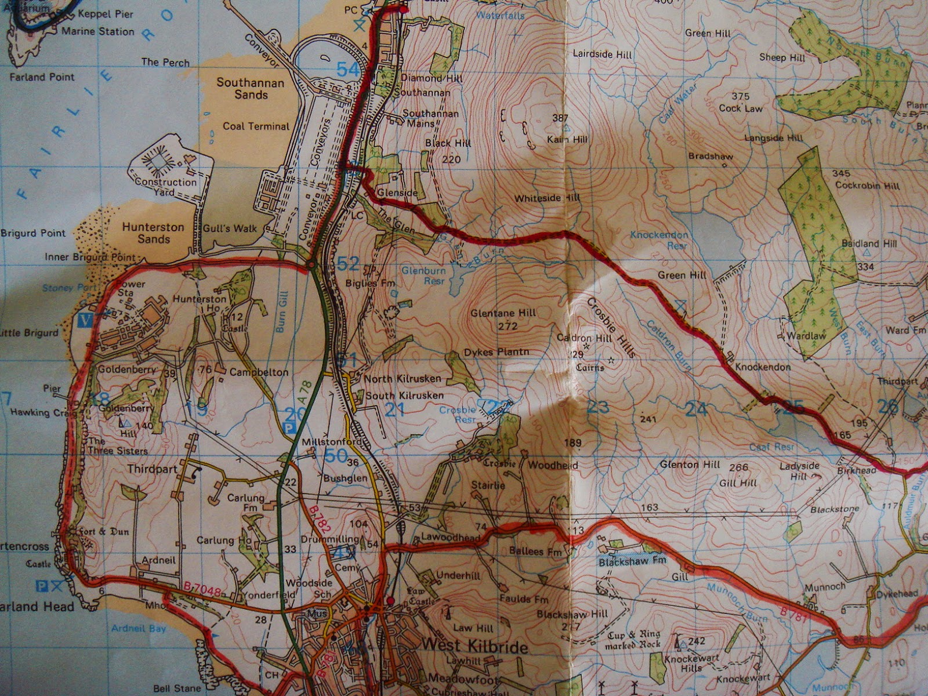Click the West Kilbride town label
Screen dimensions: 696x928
[475, 647]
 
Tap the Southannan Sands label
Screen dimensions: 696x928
[251, 88]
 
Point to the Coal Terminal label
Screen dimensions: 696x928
[256, 126]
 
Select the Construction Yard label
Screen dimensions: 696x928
[165, 186]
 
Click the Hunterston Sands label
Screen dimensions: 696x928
[153, 233]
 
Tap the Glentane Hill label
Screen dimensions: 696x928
[503, 313]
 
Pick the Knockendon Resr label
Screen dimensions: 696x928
[659, 240]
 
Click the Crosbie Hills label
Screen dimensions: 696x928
[612, 327]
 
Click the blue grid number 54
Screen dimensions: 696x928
[348, 70]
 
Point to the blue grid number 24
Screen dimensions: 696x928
[696, 409]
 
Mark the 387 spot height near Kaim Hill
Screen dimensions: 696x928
[560, 118]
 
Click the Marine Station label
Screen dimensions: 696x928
[97, 31]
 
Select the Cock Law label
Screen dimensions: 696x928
[741, 108]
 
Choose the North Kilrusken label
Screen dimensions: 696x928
[403, 378]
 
